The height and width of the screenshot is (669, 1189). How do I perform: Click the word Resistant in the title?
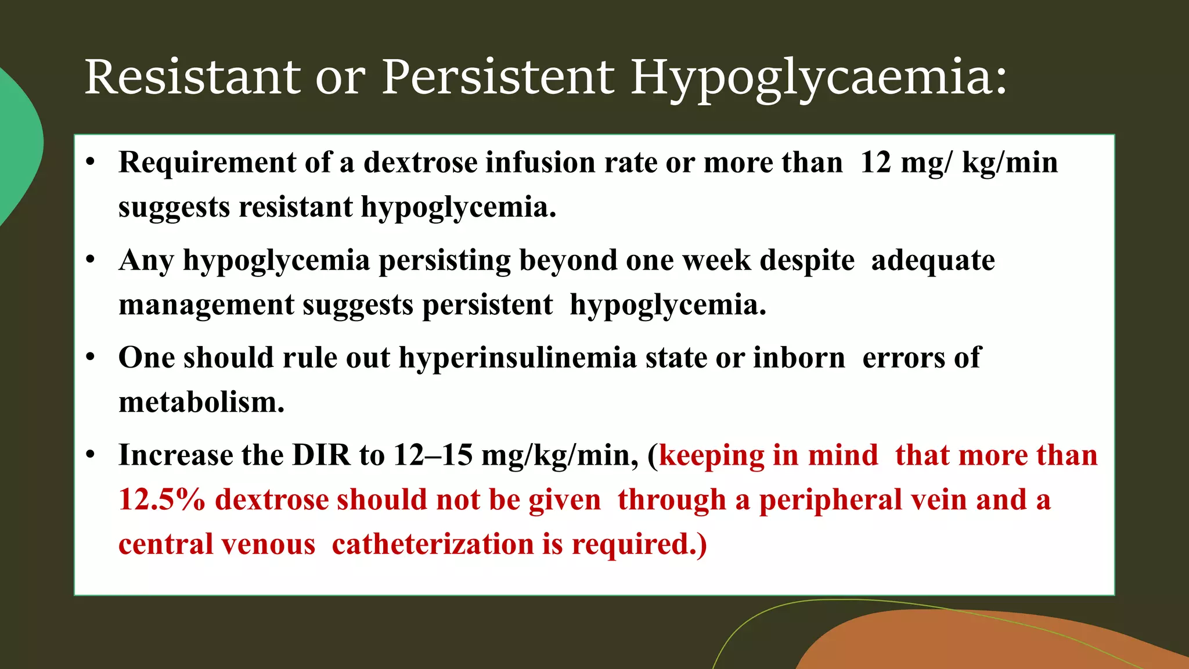click(x=192, y=77)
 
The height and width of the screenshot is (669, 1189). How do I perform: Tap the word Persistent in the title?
click(x=498, y=77)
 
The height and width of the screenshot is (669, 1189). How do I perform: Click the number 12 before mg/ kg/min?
click(x=875, y=163)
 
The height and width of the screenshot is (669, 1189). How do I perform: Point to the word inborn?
click(x=799, y=358)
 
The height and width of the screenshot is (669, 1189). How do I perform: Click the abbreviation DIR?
click(x=321, y=455)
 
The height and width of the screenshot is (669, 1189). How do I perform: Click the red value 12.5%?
click(x=162, y=500)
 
